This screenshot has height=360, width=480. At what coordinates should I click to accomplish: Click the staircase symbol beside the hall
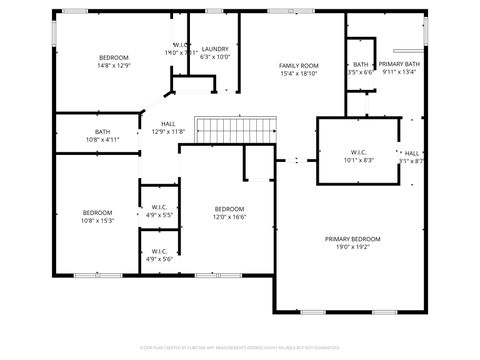pos(236,129)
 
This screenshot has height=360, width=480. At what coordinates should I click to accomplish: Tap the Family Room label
pos(298,65)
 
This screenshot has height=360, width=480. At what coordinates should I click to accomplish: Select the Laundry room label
pos(215,49)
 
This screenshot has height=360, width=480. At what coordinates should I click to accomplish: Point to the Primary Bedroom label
pos(352,239)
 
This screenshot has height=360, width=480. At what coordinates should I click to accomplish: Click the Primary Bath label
pos(399,64)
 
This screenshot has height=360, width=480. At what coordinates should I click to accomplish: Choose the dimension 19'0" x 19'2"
pos(352,247)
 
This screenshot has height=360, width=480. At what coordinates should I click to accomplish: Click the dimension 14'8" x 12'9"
pos(113,65)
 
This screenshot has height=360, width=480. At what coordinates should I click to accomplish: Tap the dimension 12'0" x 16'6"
pos(229,217)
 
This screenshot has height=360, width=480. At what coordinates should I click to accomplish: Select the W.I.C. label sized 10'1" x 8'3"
pos(334,152)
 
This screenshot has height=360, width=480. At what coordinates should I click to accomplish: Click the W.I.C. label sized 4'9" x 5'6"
pos(159,251)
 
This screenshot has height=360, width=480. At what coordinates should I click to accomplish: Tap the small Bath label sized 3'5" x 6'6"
pos(360,64)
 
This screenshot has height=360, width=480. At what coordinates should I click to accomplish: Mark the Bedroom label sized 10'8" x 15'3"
pos(98,212)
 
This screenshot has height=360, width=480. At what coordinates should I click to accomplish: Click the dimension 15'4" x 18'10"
pos(298,73)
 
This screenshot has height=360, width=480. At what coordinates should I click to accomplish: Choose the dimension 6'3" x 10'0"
pos(215,57)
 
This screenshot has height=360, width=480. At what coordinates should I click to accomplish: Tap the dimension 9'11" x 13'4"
pos(399,72)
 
